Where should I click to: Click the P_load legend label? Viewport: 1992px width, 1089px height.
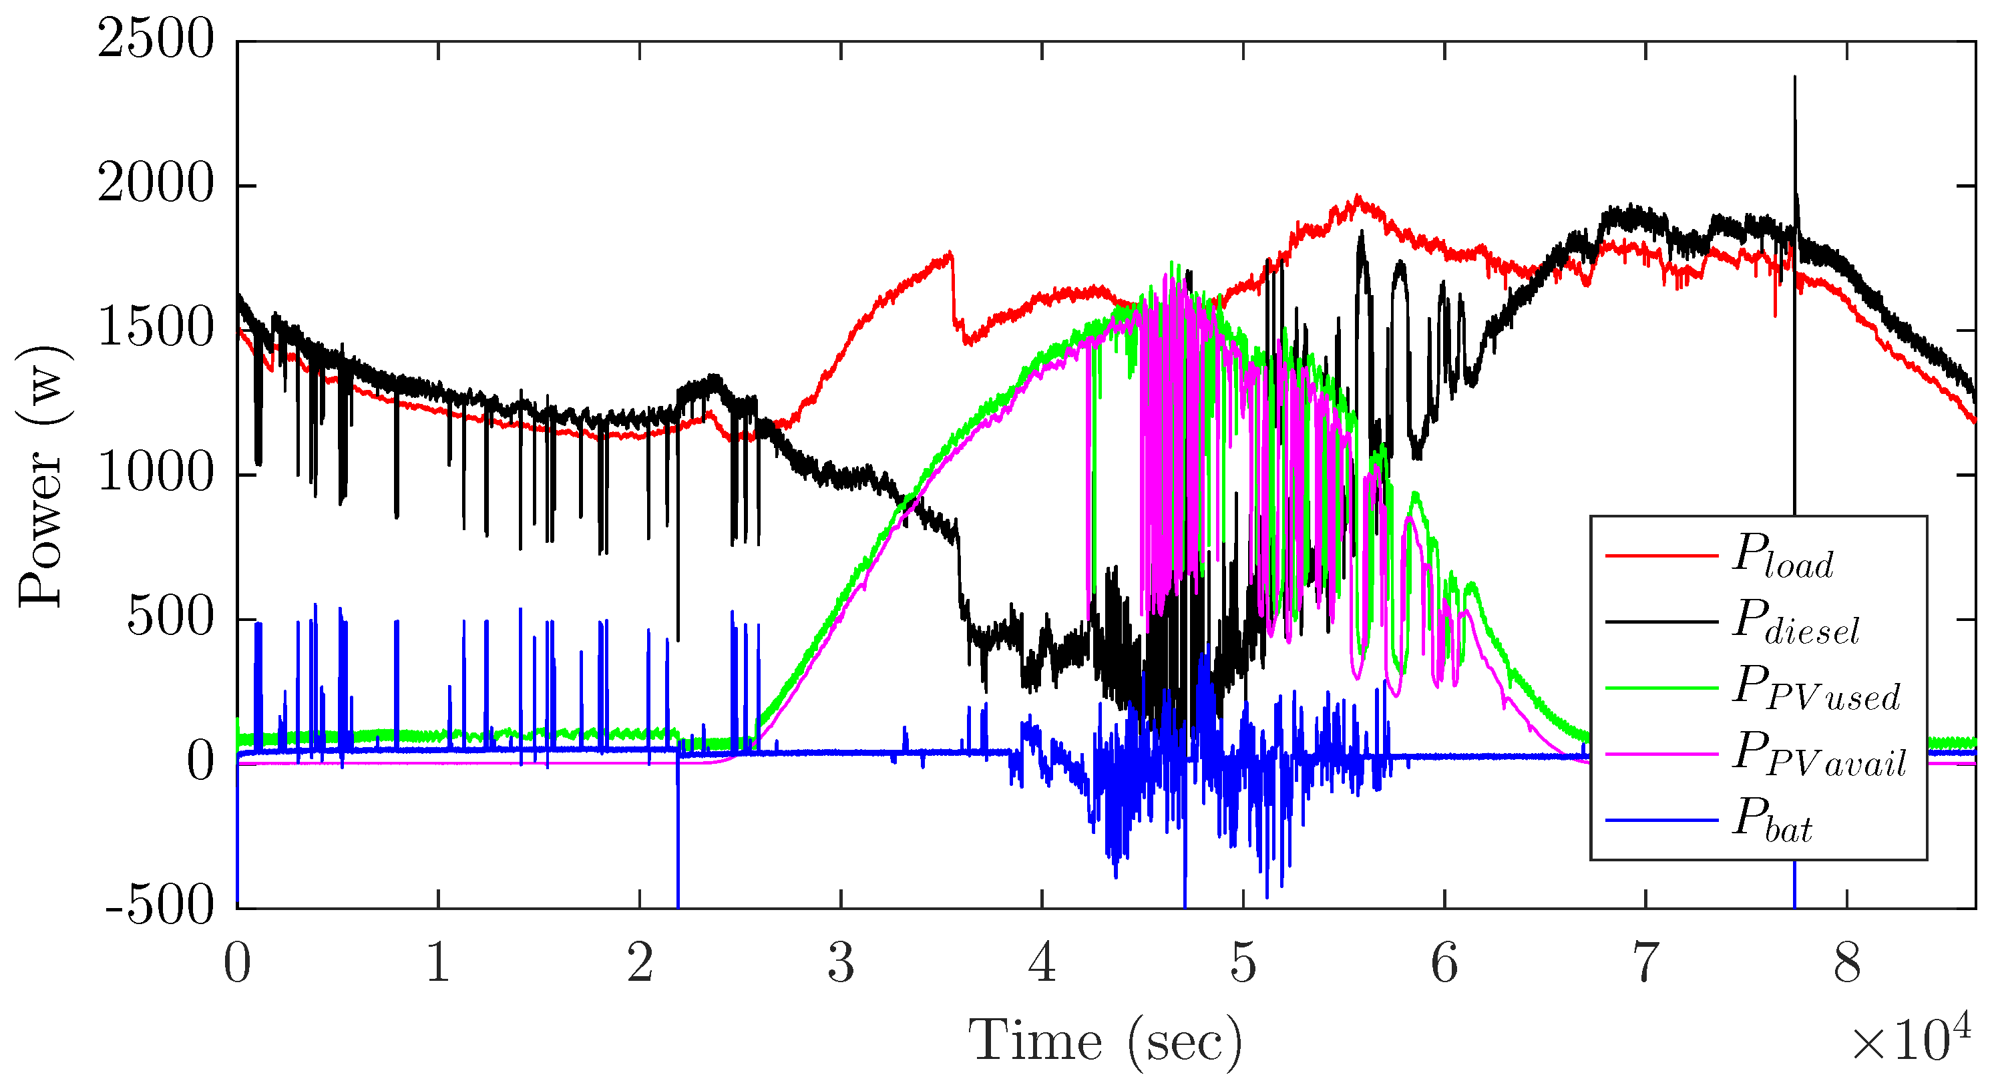point(1782,557)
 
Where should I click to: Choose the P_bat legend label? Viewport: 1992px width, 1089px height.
point(1772,821)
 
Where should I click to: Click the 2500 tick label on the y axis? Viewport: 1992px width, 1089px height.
point(155,40)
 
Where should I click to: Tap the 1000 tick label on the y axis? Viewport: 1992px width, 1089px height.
point(155,473)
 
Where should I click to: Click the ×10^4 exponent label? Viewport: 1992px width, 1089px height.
point(1910,1040)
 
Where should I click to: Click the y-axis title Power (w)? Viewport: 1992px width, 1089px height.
point(43,475)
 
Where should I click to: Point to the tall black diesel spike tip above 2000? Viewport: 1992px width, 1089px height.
point(1795,78)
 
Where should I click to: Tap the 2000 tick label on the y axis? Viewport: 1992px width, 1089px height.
point(155,186)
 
